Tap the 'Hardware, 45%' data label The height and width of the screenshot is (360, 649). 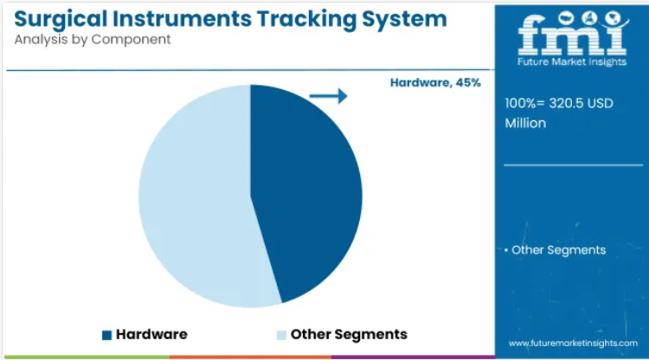coord(435,83)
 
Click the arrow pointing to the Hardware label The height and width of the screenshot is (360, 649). coord(328,96)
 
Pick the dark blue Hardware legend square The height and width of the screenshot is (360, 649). coord(106,335)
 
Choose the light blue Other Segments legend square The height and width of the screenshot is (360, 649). coord(281,335)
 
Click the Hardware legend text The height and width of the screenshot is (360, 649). coord(151,334)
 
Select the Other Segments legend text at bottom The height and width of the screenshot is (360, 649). coord(349,334)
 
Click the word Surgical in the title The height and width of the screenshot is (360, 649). coord(61,19)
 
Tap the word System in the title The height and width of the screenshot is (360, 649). coord(404,19)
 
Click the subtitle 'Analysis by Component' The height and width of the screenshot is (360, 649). coord(93,39)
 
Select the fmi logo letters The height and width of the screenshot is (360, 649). coord(573,35)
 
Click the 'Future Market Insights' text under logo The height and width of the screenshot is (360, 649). coord(572,62)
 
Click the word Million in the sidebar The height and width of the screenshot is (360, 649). coord(525,123)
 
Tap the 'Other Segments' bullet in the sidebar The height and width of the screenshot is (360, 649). coord(555,250)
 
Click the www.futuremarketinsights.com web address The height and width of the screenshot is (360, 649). coord(573,343)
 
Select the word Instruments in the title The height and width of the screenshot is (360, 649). coord(182,19)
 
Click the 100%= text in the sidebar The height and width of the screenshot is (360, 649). coord(525,103)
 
